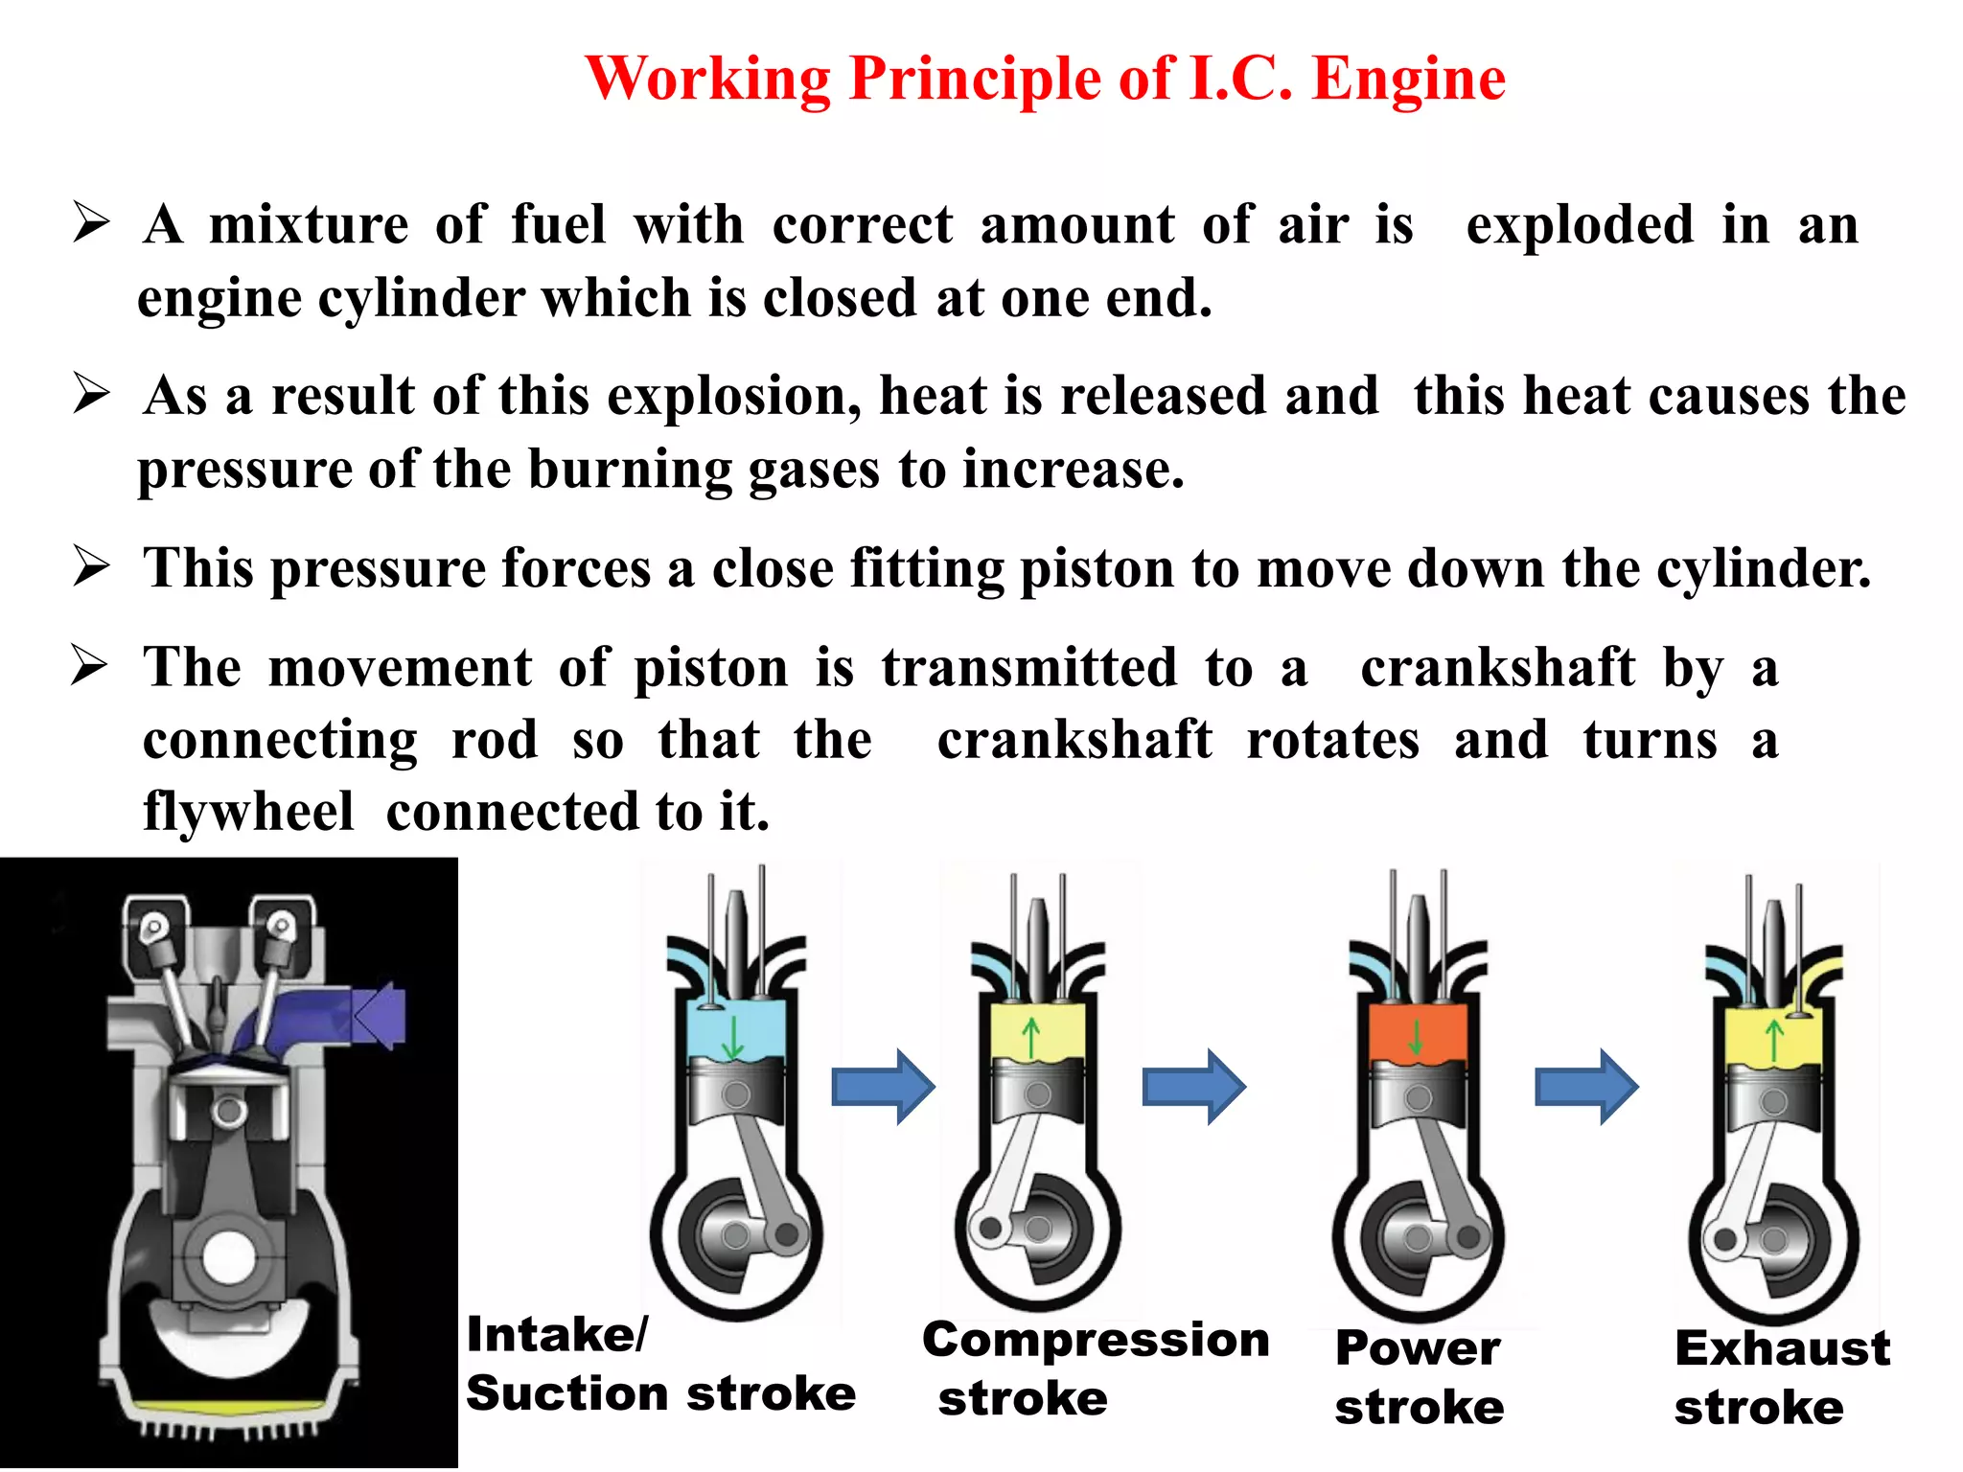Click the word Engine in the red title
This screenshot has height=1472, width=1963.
point(1408,79)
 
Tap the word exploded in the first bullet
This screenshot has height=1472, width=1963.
point(1580,226)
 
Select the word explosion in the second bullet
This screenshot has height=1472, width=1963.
point(734,397)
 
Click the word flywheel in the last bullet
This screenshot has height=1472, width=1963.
point(248,813)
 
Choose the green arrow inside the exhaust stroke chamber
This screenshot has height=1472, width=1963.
point(1774,1041)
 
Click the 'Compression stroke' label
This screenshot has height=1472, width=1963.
point(1095,1368)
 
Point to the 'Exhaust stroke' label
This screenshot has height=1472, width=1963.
point(1781,1378)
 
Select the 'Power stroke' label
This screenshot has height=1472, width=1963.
point(1419,1378)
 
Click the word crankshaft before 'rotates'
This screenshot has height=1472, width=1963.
point(1074,741)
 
